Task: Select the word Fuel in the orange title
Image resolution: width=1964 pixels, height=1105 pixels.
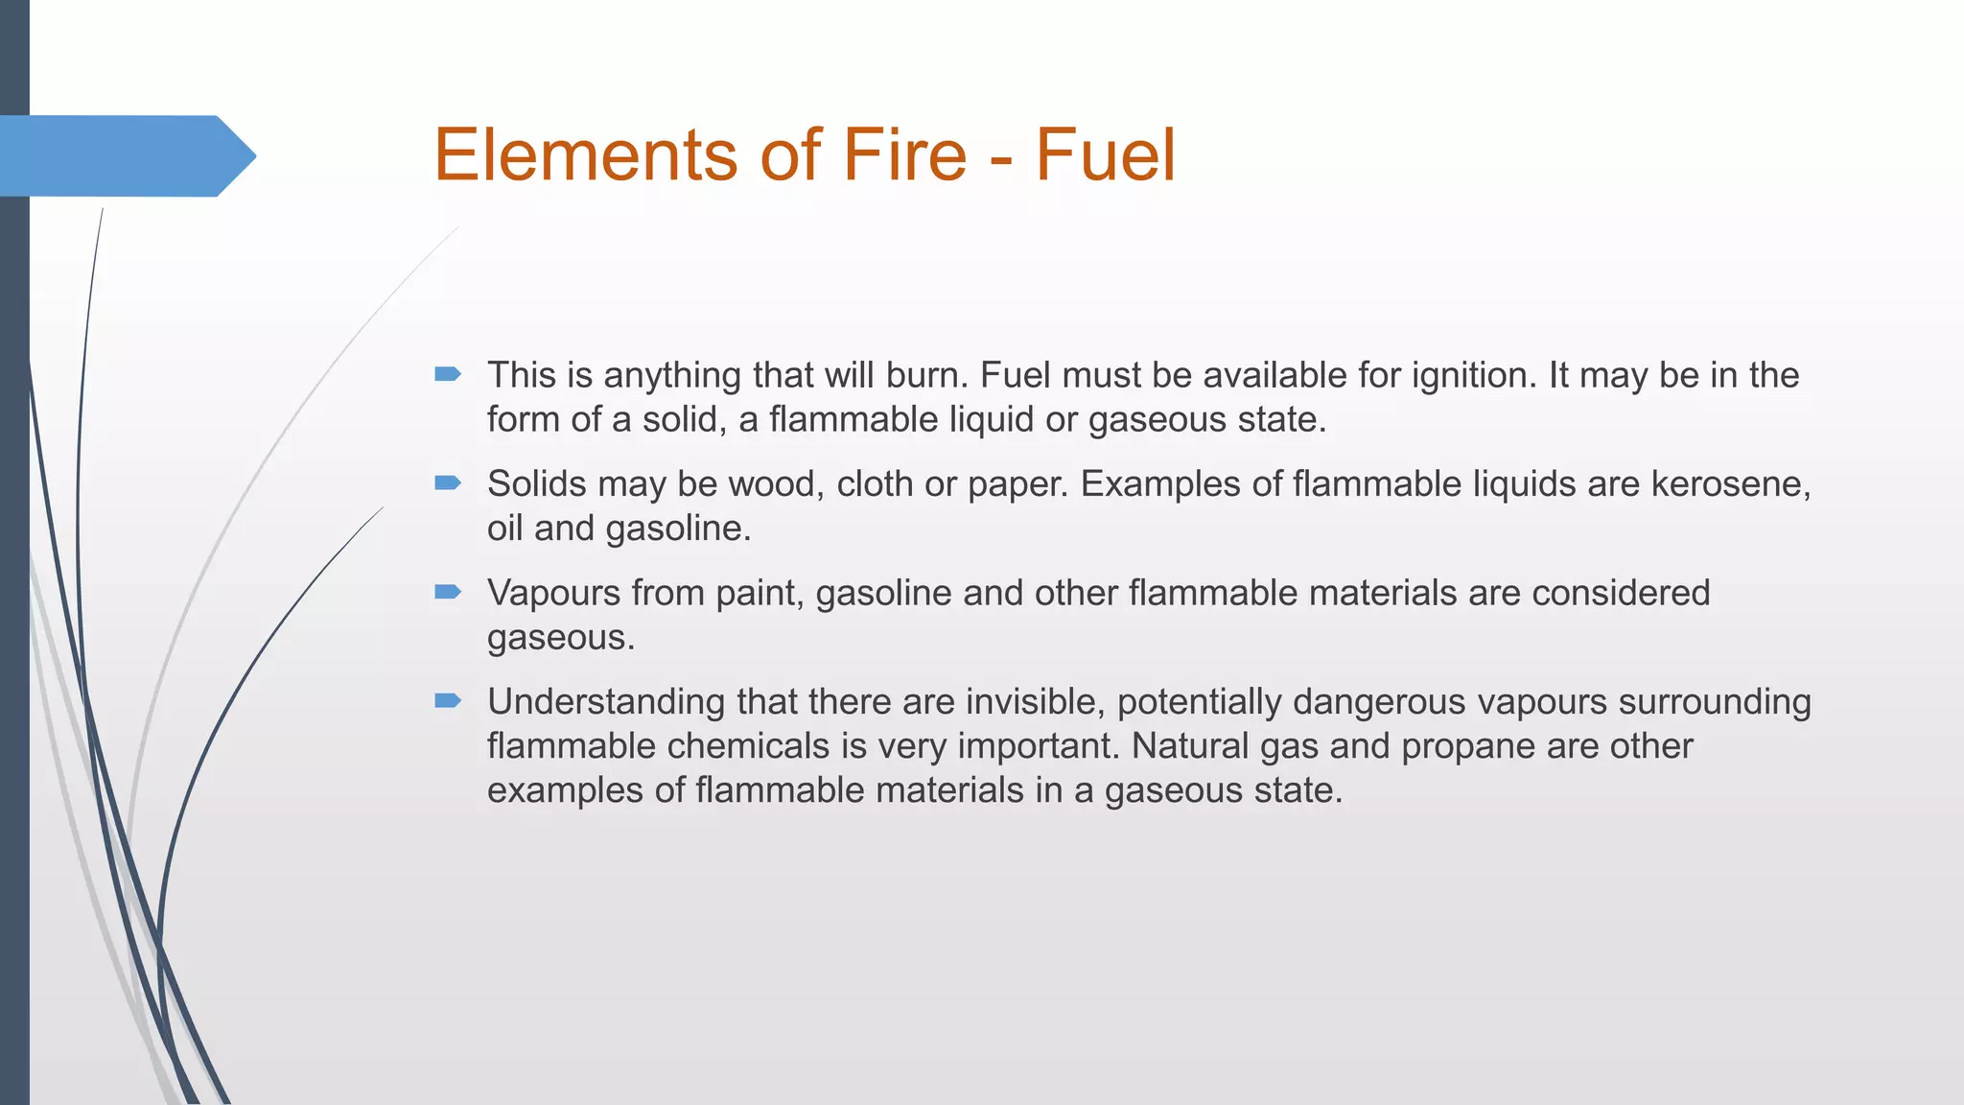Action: [1105, 155]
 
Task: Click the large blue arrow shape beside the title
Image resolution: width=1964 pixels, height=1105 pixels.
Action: [125, 155]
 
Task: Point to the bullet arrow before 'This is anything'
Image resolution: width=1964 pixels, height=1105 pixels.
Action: [448, 374]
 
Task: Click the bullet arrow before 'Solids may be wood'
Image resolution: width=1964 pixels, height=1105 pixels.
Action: [448, 482]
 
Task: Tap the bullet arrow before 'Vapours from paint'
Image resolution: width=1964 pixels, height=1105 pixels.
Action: [448, 592]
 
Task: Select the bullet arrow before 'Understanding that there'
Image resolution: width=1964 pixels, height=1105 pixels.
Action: [448, 700]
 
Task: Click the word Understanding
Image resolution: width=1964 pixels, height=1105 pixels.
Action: [606, 702]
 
